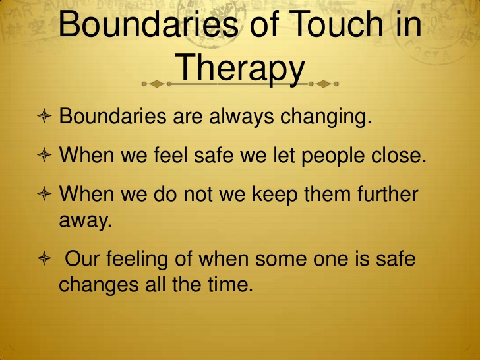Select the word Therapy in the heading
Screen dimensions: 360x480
click(242, 67)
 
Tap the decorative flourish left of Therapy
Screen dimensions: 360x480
click(158, 84)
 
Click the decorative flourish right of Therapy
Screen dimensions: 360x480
click(324, 84)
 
